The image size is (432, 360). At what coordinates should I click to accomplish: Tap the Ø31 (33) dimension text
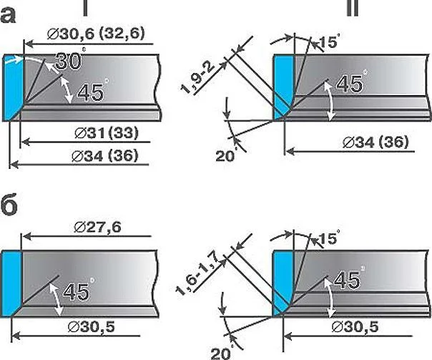pos(107,133)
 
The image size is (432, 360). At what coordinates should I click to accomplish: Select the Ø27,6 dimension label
pos(97,228)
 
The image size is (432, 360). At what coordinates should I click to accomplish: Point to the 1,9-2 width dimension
pos(197,78)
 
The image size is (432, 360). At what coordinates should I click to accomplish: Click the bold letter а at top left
pos(8,16)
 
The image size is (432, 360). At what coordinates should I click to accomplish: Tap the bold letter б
pos(9,205)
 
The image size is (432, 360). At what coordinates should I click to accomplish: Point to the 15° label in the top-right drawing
pos(328,42)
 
